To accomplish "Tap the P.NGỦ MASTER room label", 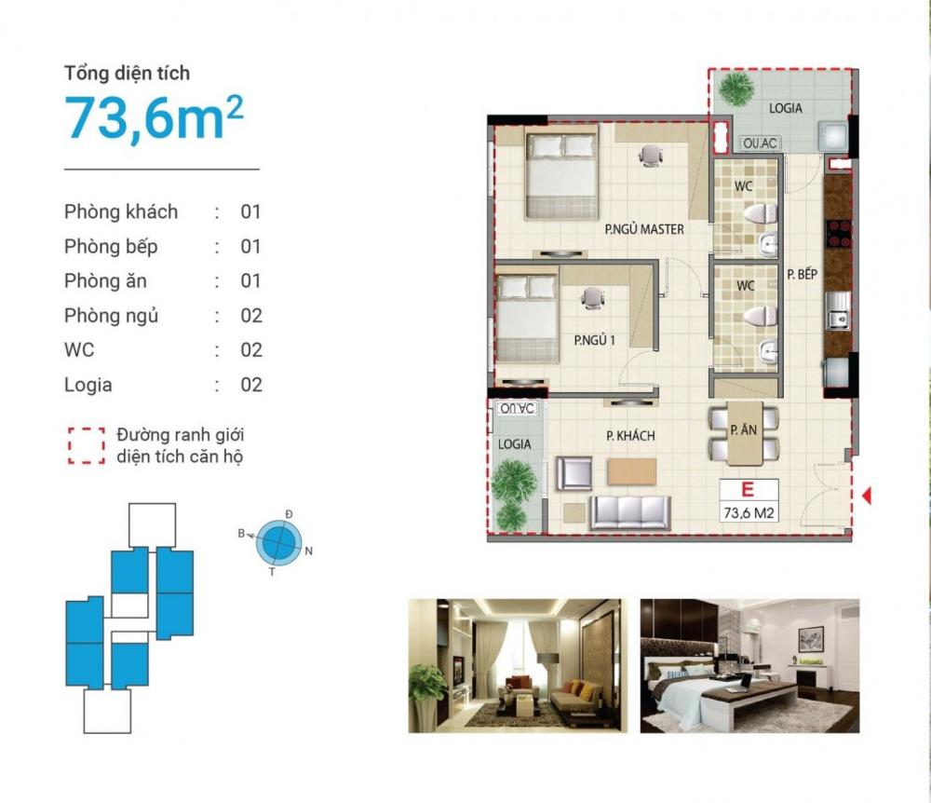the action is pyautogui.click(x=644, y=229).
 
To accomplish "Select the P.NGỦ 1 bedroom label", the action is pyautogui.click(x=594, y=340).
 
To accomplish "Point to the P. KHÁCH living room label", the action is pyautogui.click(x=630, y=436).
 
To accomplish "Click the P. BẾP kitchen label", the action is pyautogui.click(x=803, y=275).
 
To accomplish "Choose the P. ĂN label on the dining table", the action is pyautogui.click(x=744, y=430).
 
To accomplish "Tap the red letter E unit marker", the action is pyautogui.click(x=748, y=489).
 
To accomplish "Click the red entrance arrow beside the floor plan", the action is pyautogui.click(x=867, y=495).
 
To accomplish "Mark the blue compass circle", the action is pyautogui.click(x=279, y=543).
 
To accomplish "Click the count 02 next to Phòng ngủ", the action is pyautogui.click(x=251, y=316).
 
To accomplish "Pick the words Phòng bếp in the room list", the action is pyautogui.click(x=111, y=247).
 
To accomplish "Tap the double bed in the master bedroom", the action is pyautogui.click(x=561, y=176).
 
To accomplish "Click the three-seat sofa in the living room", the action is pyautogui.click(x=630, y=512).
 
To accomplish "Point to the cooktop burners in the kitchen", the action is pyautogui.click(x=839, y=234).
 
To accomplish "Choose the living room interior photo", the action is pyautogui.click(x=517, y=666).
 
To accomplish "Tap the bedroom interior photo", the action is pyautogui.click(x=749, y=666).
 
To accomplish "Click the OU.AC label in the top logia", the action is pyautogui.click(x=760, y=143).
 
